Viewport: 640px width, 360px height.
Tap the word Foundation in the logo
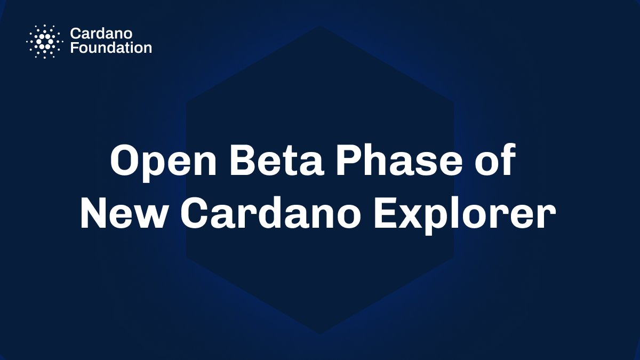coord(111,47)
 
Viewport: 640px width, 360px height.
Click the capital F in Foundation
coord(74,47)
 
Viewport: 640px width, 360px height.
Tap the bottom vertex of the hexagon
coord(320,334)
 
